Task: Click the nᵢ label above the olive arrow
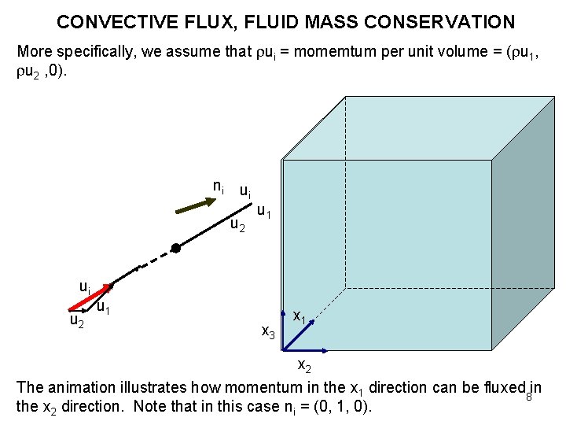click(x=219, y=187)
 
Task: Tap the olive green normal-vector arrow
click(x=193, y=207)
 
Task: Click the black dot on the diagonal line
click(x=176, y=248)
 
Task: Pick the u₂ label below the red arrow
click(x=77, y=321)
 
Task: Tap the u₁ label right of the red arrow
click(x=103, y=307)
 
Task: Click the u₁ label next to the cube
click(x=265, y=212)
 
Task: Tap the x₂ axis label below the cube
click(x=303, y=366)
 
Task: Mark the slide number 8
click(x=529, y=396)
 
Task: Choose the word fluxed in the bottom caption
click(x=505, y=387)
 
